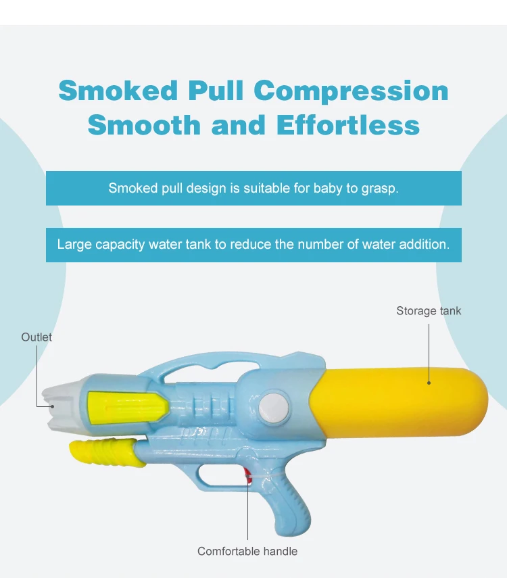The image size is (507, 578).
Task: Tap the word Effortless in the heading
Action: tap(347, 125)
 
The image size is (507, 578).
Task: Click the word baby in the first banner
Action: tap(327, 188)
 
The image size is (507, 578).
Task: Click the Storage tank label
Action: tap(429, 311)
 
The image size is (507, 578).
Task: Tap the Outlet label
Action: tap(37, 337)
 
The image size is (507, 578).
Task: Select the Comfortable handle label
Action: tap(247, 551)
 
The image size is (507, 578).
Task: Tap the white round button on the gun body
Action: tap(273, 406)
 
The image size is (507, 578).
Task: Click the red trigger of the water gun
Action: tap(248, 474)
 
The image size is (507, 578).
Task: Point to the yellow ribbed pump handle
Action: tap(107, 450)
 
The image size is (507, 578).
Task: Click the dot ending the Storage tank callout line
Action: tap(429, 383)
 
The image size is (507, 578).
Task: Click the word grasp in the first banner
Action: tap(383, 188)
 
